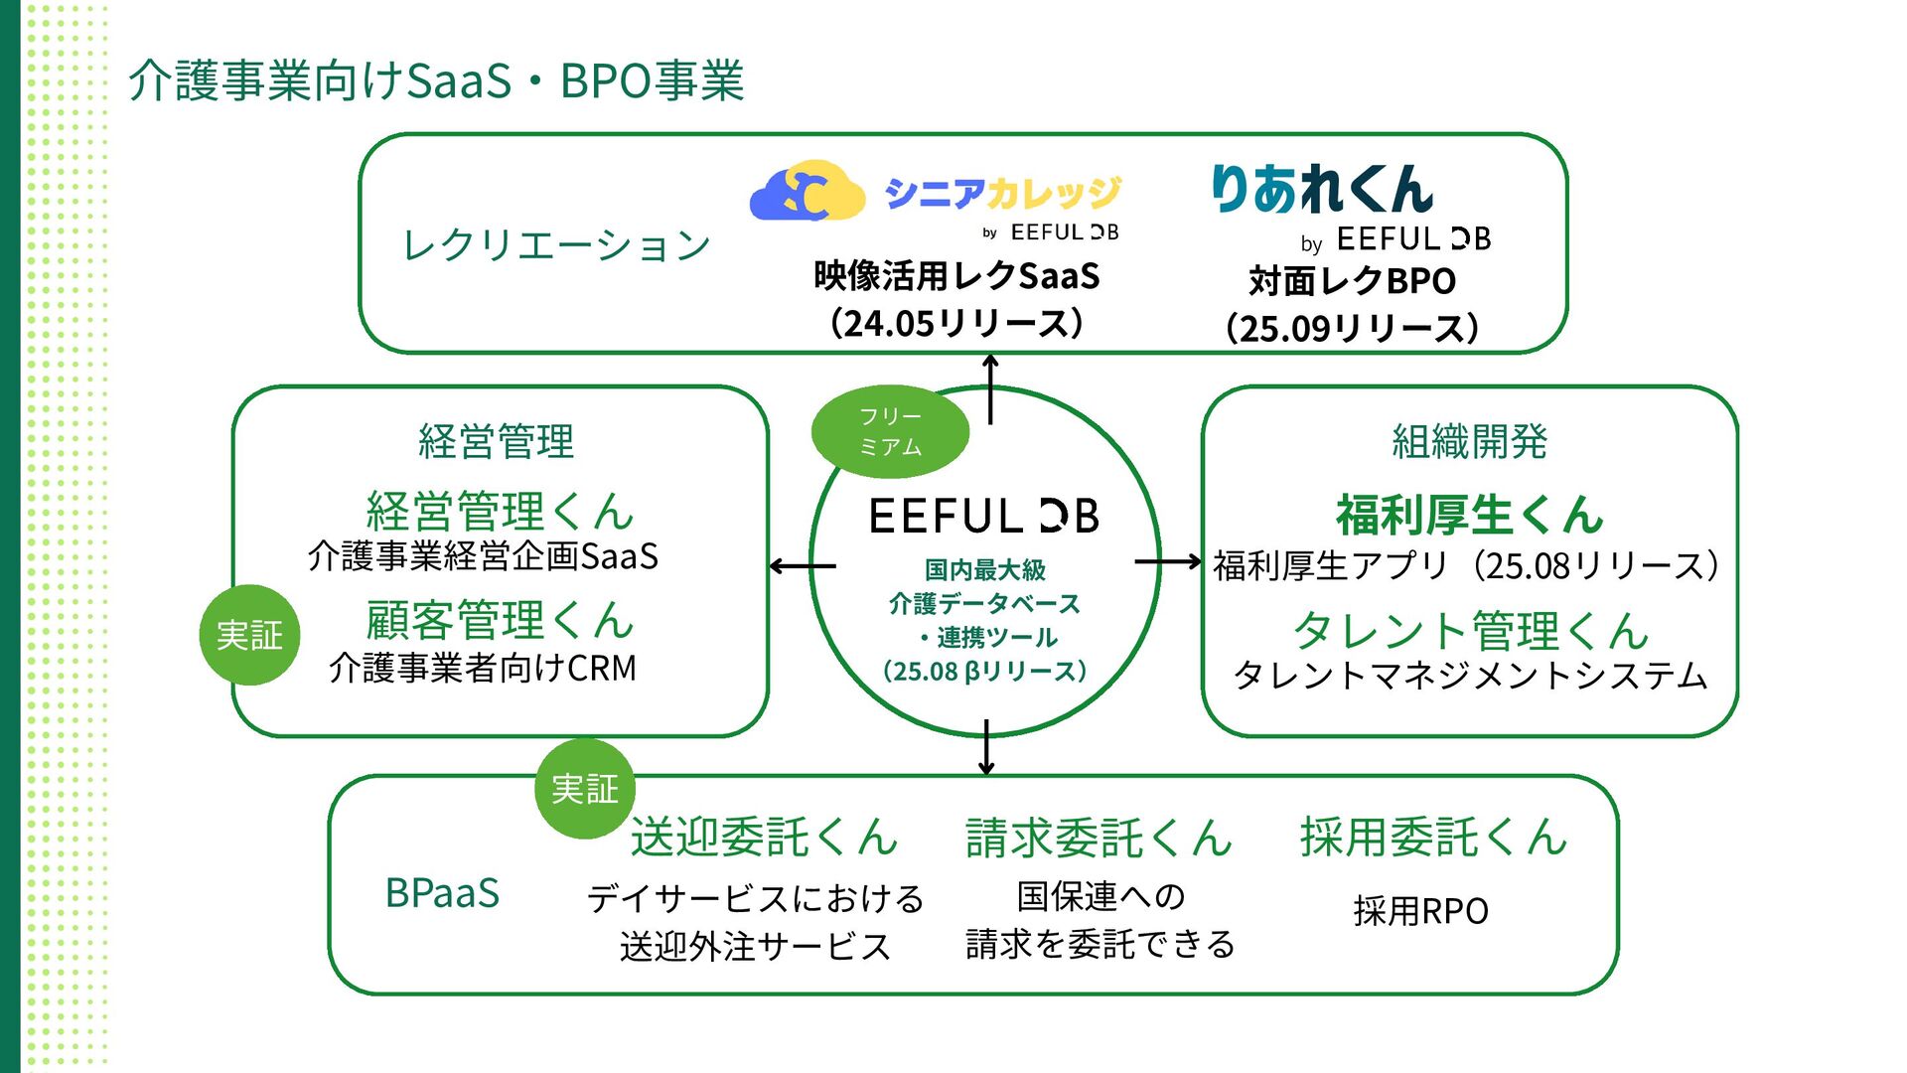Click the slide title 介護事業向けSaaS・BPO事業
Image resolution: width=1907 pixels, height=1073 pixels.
click(436, 80)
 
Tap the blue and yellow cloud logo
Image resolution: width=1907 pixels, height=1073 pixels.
click(807, 191)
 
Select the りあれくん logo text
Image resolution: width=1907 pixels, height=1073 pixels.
click(1322, 189)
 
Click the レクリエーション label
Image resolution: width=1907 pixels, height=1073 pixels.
click(555, 244)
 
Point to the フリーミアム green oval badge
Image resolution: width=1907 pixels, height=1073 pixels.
click(890, 431)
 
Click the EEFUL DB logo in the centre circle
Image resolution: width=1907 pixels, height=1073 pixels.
click(983, 516)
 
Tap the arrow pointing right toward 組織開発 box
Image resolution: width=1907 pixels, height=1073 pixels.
click(1168, 562)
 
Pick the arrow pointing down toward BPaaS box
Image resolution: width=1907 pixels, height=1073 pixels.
click(985, 747)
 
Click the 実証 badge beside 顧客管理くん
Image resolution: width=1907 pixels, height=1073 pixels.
click(250, 635)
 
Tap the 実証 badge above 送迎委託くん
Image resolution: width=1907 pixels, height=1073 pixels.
click(585, 789)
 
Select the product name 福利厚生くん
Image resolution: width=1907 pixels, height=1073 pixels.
click(1469, 515)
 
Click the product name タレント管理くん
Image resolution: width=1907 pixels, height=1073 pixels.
click(1470, 630)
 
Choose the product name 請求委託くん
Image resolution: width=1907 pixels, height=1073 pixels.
click(1099, 837)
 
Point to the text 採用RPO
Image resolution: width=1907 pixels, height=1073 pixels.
click(1420, 911)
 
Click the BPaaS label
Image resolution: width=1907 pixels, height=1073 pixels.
click(442, 893)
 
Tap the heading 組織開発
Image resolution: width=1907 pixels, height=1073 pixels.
click(1469, 441)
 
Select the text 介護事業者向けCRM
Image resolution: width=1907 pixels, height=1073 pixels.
click(483, 669)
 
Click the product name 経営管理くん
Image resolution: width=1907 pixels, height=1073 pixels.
click(500, 511)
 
